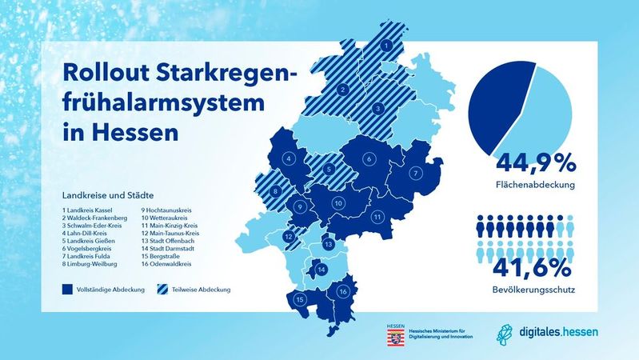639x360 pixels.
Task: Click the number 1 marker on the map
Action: point(387,48)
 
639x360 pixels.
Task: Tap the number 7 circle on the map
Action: point(416,173)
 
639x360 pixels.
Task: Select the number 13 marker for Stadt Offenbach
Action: point(328,244)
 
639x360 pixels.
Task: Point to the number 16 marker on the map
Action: point(343,292)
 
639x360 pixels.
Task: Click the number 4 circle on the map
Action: point(288,159)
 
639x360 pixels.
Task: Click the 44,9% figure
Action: point(536,164)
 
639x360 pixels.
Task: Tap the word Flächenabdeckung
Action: point(536,186)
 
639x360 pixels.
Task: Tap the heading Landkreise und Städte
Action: point(106,194)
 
